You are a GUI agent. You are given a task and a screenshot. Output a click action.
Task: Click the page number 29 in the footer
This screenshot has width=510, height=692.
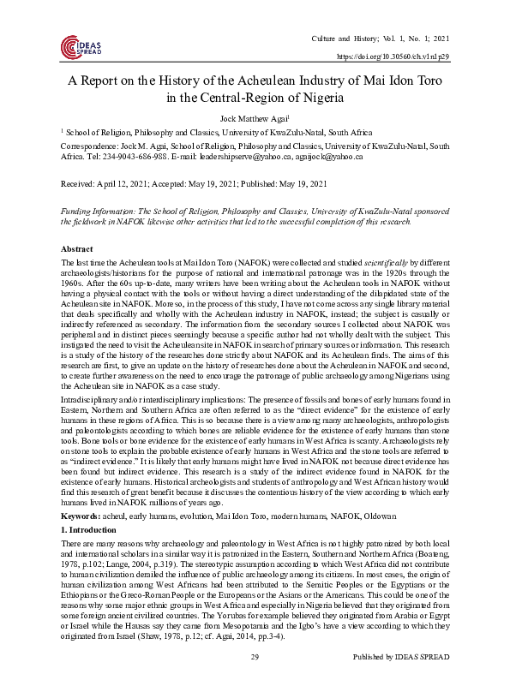pyautogui.click(x=255, y=681)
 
